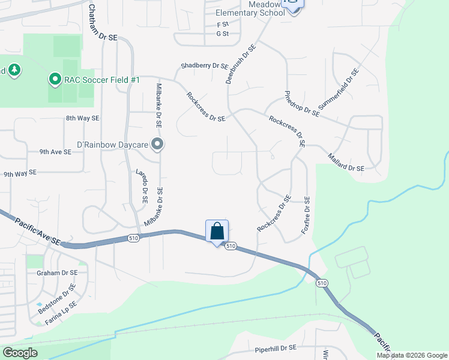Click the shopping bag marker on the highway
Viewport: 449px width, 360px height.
pyautogui.click(x=217, y=231)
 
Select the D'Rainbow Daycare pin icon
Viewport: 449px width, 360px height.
pyautogui.click(x=157, y=144)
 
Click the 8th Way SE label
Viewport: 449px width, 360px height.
pyautogui.click(x=82, y=118)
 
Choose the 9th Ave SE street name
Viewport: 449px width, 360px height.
pyautogui.click(x=55, y=152)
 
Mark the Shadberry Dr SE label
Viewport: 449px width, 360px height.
pyautogui.click(x=205, y=66)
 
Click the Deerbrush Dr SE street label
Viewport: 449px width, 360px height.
pyautogui.click(x=240, y=64)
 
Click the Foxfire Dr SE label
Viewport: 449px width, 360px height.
pyautogui.click(x=307, y=215)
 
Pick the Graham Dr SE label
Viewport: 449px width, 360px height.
pyautogui.click(x=57, y=272)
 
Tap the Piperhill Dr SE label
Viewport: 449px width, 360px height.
pyautogui.click(x=276, y=347)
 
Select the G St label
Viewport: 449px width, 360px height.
pyautogui.click(x=223, y=34)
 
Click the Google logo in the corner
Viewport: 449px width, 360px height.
pyautogui.click(x=20, y=352)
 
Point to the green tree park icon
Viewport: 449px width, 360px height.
pyautogui.click(x=14, y=70)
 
